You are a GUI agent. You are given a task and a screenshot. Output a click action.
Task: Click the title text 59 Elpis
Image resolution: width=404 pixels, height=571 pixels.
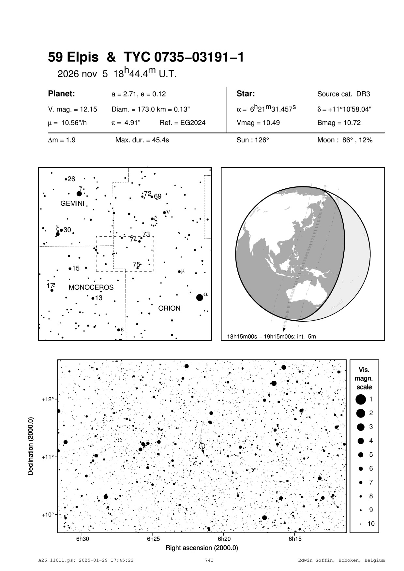coord(73,57)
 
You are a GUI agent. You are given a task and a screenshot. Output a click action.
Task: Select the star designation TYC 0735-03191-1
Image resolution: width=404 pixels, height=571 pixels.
coord(183,57)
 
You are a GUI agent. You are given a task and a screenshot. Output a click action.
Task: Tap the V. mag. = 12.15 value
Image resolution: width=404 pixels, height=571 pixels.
coord(72,110)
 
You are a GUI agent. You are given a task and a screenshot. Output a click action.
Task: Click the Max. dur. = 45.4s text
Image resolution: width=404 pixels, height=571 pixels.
coord(142,140)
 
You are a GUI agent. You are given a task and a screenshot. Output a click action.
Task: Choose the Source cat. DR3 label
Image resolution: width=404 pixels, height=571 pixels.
coord(343,94)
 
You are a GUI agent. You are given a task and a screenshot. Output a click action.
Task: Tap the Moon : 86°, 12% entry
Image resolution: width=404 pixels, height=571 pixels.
coord(345,140)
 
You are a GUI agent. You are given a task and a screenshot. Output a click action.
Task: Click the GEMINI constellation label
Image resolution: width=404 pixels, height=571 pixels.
coord(72,204)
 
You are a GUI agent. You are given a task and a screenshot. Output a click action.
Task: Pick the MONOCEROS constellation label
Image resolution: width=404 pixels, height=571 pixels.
coord(91,287)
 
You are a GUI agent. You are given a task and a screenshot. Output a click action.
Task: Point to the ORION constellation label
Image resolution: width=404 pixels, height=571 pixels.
coord(169,308)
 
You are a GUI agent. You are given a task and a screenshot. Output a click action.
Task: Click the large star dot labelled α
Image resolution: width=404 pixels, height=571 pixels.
coord(200,298)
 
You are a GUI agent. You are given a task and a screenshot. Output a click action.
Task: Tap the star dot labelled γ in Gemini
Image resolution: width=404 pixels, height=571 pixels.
coord(79,194)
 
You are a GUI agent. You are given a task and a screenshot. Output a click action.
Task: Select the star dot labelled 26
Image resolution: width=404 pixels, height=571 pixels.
coord(66,179)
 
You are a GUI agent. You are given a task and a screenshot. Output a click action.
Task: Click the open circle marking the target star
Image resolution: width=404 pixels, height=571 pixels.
coord(202,446)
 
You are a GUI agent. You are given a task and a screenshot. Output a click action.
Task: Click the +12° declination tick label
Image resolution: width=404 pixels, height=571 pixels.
coord(47,399)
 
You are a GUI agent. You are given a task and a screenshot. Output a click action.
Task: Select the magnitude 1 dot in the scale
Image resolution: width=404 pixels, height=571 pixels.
coord(361,399)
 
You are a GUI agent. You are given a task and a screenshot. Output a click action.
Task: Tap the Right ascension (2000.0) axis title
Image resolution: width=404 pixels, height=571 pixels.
coord(202,548)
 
